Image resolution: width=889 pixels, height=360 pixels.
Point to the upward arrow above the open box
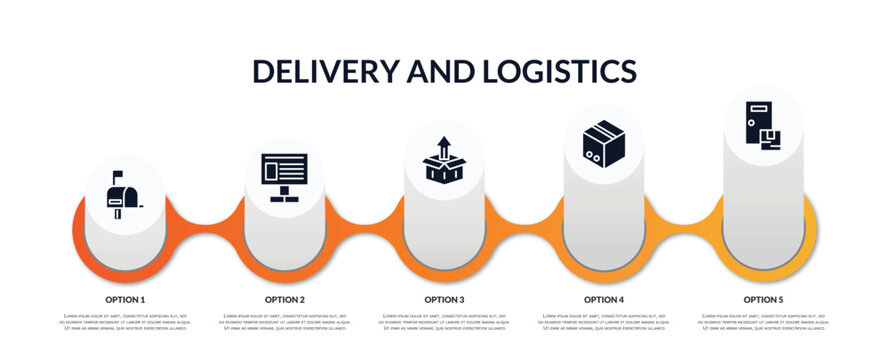click(x=444, y=146)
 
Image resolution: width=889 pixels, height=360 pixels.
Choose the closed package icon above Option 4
click(x=603, y=143)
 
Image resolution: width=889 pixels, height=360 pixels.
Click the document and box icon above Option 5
click(x=762, y=125)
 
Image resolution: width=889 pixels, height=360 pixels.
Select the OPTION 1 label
click(x=125, y=299)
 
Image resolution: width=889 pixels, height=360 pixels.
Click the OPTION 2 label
click(x=285, y=299)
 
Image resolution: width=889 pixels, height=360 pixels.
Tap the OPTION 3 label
click(x=444, y=299)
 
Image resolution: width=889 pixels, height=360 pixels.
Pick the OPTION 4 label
click(x=604, y=299)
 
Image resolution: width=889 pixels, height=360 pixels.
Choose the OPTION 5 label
click(x=763, y=299)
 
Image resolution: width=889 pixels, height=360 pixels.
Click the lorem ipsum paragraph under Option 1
click(x=125, y=322)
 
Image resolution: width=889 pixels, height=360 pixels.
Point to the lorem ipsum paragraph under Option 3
click(x=444, y=322)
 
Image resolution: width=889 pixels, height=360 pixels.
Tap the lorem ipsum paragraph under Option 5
click(x=763, y=322)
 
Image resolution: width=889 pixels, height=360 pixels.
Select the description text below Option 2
click(x=285, y=322)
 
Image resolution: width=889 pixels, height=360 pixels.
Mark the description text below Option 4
click(x=604, y=322)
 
